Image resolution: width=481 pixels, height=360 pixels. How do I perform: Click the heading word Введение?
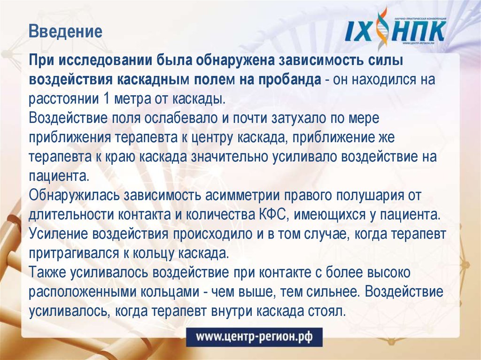(65, 32)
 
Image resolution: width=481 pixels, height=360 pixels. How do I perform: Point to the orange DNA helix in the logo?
(384, 28)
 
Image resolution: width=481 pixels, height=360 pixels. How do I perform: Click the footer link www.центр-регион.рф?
(254, 337)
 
